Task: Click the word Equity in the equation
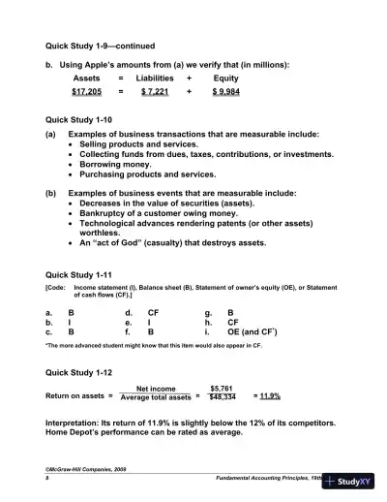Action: [x=225, y=78]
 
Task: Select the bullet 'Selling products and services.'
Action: [x=136, y=143]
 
